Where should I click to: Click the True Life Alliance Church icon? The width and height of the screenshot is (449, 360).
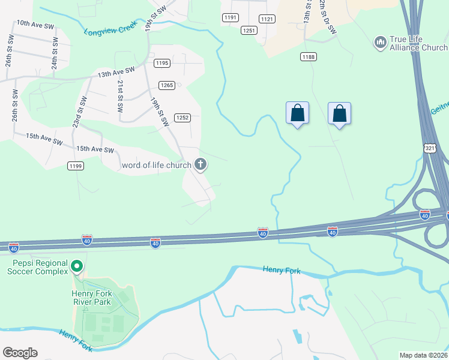pyautogui.click(x=379, y=43)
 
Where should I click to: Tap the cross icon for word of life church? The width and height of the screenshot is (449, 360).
pyautogui.click(x=200, y=164)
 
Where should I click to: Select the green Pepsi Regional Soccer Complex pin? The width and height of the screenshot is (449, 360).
pyautogui.click(x=76, y=266)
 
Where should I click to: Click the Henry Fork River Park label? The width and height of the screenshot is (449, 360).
pyautogui.click(x=91, y=298)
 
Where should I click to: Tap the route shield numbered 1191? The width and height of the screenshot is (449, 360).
pyautogui.click(x=231, y=18)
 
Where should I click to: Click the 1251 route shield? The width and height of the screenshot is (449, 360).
pyautogui.click(x=249, y=30)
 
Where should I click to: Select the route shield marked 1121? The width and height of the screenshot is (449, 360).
pyautogui.click(x=268, y=19)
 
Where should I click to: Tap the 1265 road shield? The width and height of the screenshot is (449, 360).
pyautogui.click(x=167, y=85)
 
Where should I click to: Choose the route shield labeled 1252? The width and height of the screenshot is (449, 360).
pyautogui.click(x=182, y=118)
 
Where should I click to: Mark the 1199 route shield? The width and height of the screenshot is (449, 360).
pyautogui.click(x=75, y=166)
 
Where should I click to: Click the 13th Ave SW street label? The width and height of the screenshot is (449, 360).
pyautogui.click(x=116, y=74)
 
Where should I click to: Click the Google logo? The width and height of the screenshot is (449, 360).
pyautogui.click(x=20, y=353)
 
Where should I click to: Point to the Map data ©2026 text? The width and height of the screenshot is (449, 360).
pyautogui.click(x=423, y=355)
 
